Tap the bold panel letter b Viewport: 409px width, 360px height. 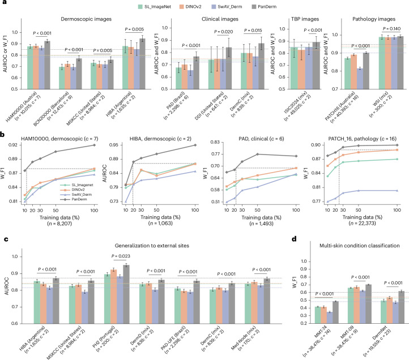click(3, 135)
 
